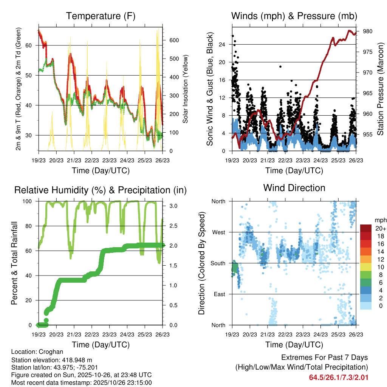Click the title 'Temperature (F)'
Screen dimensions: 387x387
[101, 16]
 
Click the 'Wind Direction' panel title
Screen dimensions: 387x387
[294, 188]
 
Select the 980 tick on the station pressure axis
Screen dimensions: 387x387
[368, 31]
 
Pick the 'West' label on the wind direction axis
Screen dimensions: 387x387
[218, 232]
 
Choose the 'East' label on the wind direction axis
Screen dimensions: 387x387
[218, 294]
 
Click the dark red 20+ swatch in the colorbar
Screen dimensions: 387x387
[366, 228]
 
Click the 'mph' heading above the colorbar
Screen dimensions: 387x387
[379, 220]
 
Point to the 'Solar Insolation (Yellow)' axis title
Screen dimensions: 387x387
[186, 89]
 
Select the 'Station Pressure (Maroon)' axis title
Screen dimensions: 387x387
[380, 89]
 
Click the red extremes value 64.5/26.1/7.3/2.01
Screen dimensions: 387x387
[339, 378]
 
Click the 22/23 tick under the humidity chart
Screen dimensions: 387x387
[91, 334]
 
